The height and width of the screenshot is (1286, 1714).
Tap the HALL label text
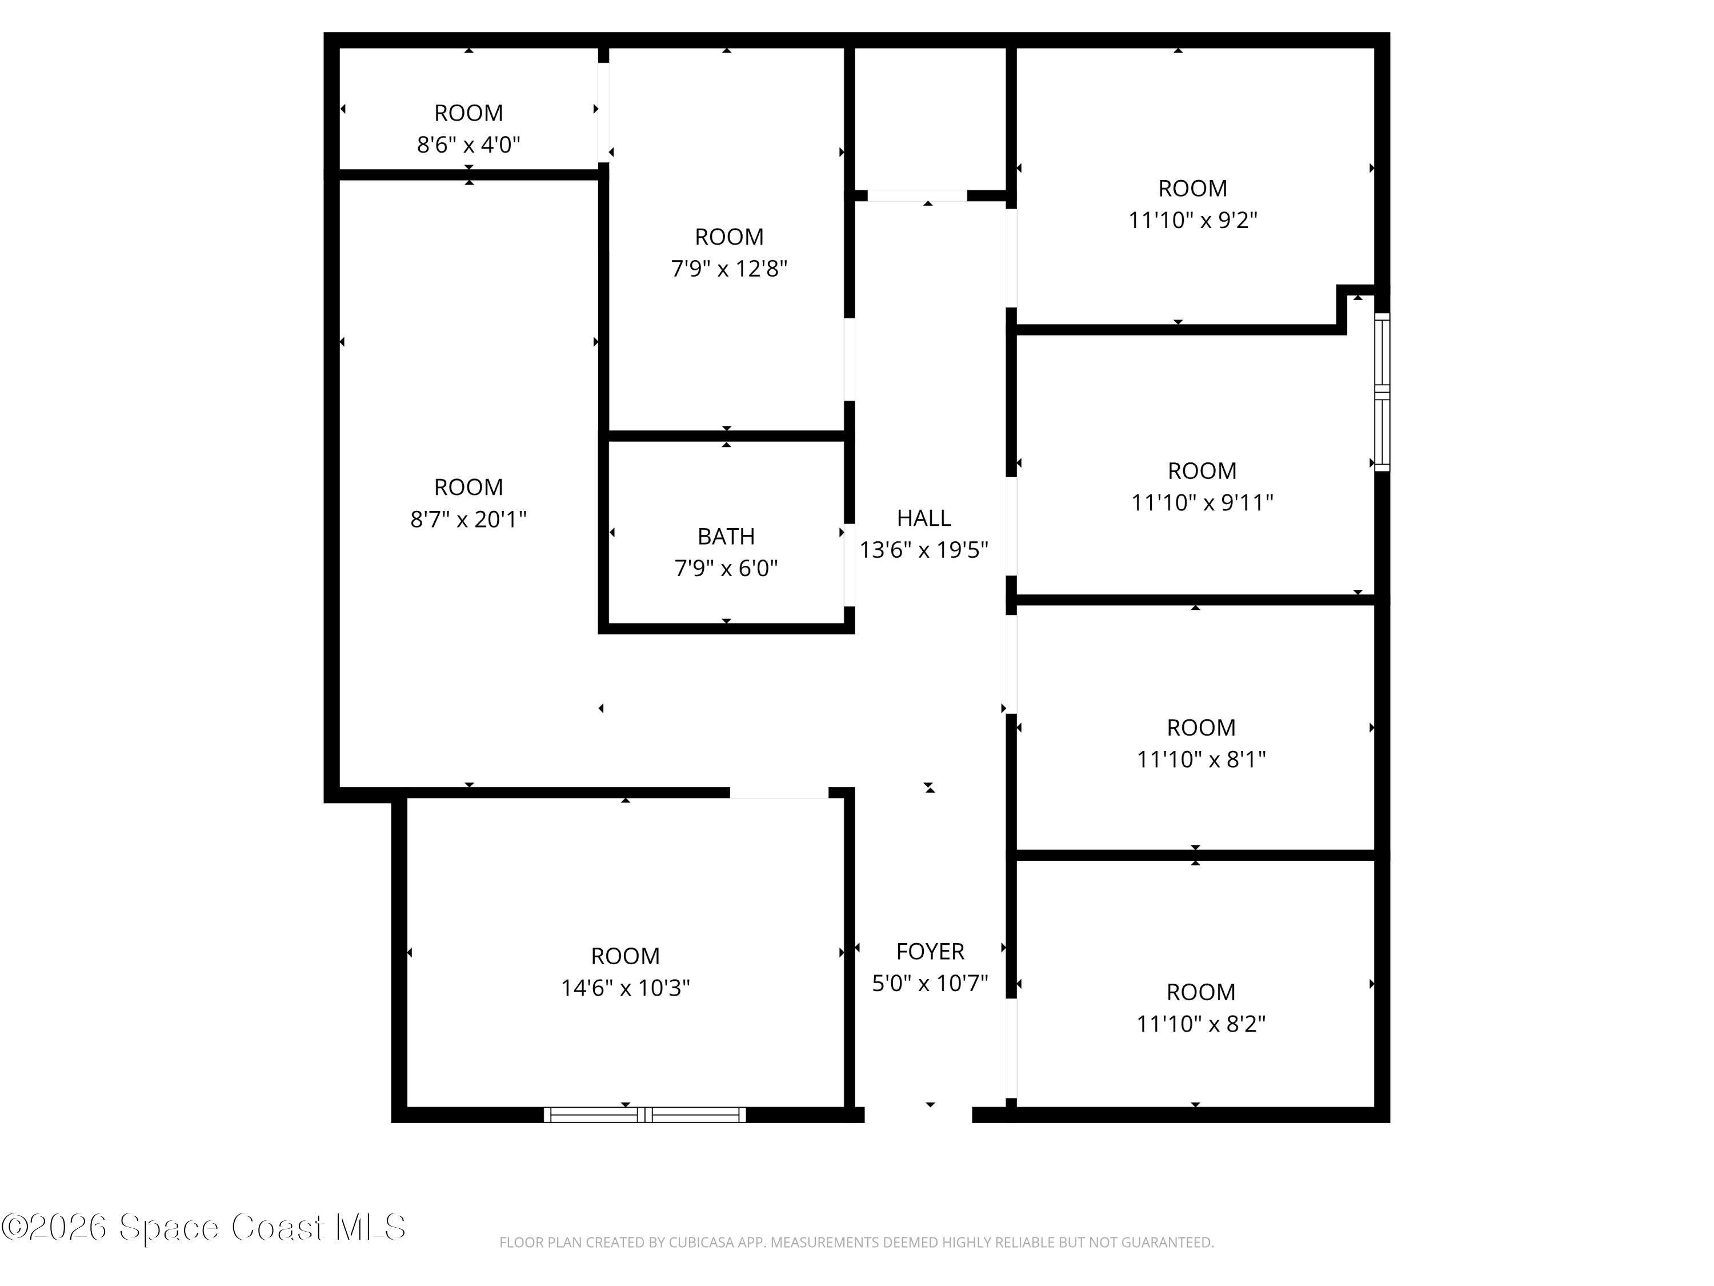[924, 518]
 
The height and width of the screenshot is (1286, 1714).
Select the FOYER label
[930, 951]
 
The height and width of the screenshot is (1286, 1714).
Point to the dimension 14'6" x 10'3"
[625, 988]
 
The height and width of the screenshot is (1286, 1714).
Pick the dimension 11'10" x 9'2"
[1192, 220]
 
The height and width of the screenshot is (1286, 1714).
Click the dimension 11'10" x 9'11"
[1202, 502]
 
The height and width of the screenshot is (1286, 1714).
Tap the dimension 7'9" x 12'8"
[728, 268]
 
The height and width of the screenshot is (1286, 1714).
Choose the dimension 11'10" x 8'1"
[1201, 759]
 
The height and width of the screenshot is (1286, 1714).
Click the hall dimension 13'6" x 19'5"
[924, 550]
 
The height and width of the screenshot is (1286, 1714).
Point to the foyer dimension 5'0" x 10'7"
[930, 983]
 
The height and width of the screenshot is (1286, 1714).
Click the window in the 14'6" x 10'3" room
[644, 1115]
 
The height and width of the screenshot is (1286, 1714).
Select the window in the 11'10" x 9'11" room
[1381, 392]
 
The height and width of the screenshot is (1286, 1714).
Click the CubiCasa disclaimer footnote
[856, 1243]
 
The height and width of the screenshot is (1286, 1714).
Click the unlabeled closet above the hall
[930, 116]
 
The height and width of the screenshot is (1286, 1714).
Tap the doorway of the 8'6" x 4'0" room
[603, 113]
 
